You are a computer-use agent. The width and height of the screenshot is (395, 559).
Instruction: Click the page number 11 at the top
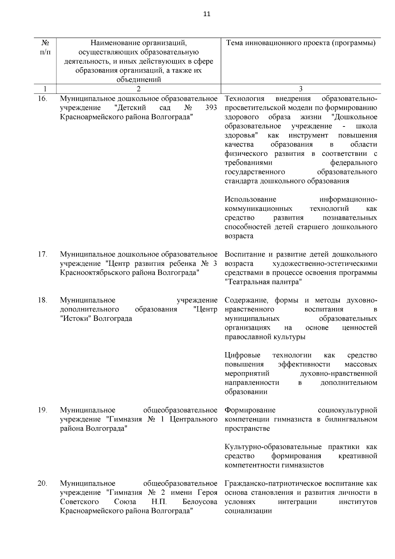click(206, 14)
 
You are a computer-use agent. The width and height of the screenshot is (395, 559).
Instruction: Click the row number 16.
click(42, 98)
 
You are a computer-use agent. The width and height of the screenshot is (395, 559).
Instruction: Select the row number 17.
click(42, 254)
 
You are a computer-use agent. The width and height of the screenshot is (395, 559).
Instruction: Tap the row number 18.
click(42, 300)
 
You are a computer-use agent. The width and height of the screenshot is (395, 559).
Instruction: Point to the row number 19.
click(42, 410)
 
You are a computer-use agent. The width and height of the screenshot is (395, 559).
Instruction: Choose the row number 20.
click(42, 484)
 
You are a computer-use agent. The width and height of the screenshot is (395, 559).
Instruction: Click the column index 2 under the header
click(139, 89)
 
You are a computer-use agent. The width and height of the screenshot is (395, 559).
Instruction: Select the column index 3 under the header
click(301, 89)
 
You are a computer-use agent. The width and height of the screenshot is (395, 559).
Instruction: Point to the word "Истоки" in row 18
click(77, 319)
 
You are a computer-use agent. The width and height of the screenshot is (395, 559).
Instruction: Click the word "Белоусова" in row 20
click(200, 502)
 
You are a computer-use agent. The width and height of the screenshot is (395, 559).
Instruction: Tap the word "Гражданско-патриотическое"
click(274, 484)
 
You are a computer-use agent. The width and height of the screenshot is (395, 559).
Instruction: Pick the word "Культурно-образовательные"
click(273, 447)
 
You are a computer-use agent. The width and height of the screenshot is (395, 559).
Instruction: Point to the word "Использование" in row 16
click(250, 199)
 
